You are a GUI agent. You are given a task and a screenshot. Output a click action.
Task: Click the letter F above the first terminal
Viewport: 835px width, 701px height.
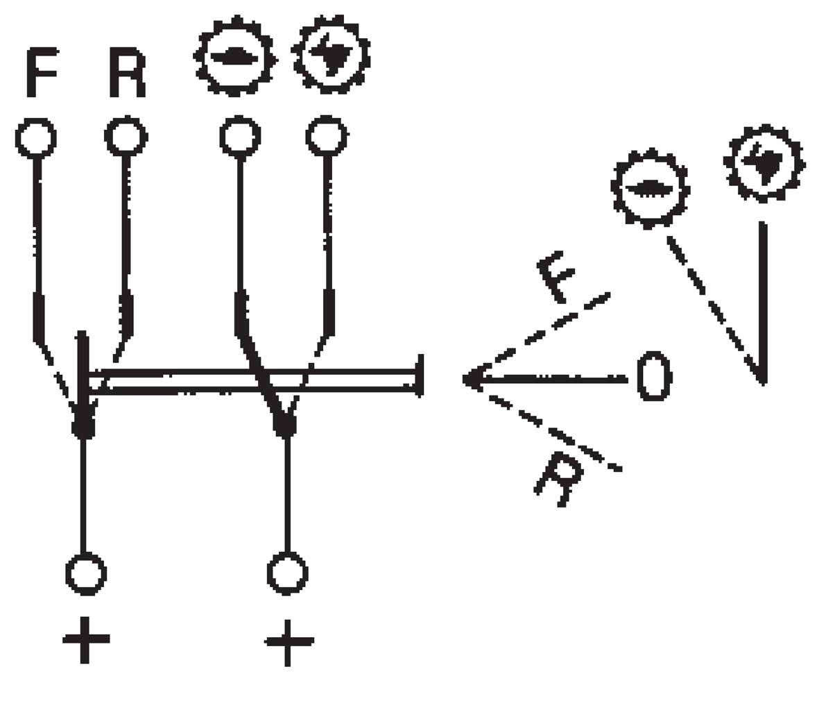tap(41, 71)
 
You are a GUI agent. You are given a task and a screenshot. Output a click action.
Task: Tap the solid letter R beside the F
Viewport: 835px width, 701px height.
tap(127, 71)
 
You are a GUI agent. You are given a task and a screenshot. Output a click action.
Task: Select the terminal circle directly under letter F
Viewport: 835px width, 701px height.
tap(35, 137)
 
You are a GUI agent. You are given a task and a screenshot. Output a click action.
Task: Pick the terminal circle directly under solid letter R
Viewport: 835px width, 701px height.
tap(126, 135)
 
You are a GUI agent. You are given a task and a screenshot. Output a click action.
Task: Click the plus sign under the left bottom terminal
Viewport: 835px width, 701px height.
tap(85, 639)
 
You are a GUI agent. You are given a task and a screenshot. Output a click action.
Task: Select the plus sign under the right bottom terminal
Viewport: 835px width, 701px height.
tap(289, 642)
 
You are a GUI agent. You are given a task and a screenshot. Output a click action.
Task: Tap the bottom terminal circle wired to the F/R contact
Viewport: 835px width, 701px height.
tap(85, 573)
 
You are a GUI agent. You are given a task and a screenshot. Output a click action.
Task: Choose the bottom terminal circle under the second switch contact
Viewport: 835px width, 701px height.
tap(287, 573)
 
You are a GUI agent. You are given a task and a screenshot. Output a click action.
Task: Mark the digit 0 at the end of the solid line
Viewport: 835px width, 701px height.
tap(654, 377)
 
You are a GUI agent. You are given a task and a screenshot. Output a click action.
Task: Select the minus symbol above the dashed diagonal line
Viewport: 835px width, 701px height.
tap(649, 188)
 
